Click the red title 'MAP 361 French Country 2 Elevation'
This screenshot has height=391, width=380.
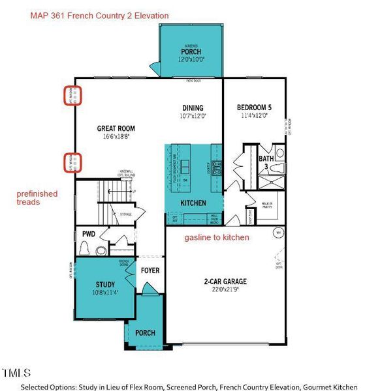[99, 15]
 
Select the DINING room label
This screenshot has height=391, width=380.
[193, 108]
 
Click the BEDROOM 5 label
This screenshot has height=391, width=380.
[254, 108]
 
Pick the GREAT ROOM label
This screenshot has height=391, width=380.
[116, 129]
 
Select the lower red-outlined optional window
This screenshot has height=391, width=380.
[72, 163]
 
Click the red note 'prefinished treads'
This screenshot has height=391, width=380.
[37, 198]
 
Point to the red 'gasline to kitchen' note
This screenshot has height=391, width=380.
[217, 238]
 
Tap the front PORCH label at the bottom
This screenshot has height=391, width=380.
[145, 333]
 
